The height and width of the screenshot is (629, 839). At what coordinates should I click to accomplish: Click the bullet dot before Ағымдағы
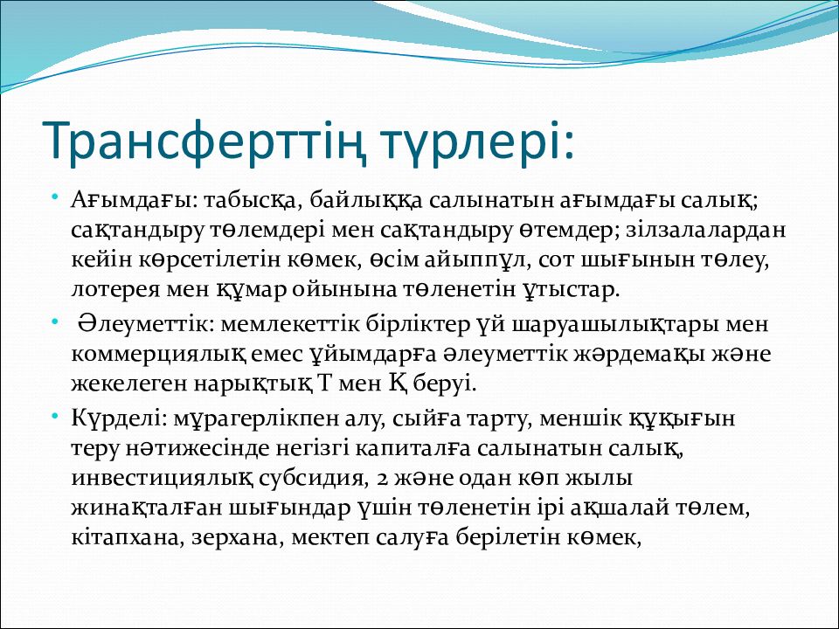pos(54,198)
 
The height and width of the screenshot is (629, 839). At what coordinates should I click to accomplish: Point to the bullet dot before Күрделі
pos(54,416)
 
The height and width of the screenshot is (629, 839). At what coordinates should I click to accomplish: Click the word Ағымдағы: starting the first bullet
pos(135,201)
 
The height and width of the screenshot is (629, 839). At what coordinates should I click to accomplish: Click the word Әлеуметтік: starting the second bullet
pos(146,325)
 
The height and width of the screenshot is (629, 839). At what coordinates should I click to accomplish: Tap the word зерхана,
pos(237,537)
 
